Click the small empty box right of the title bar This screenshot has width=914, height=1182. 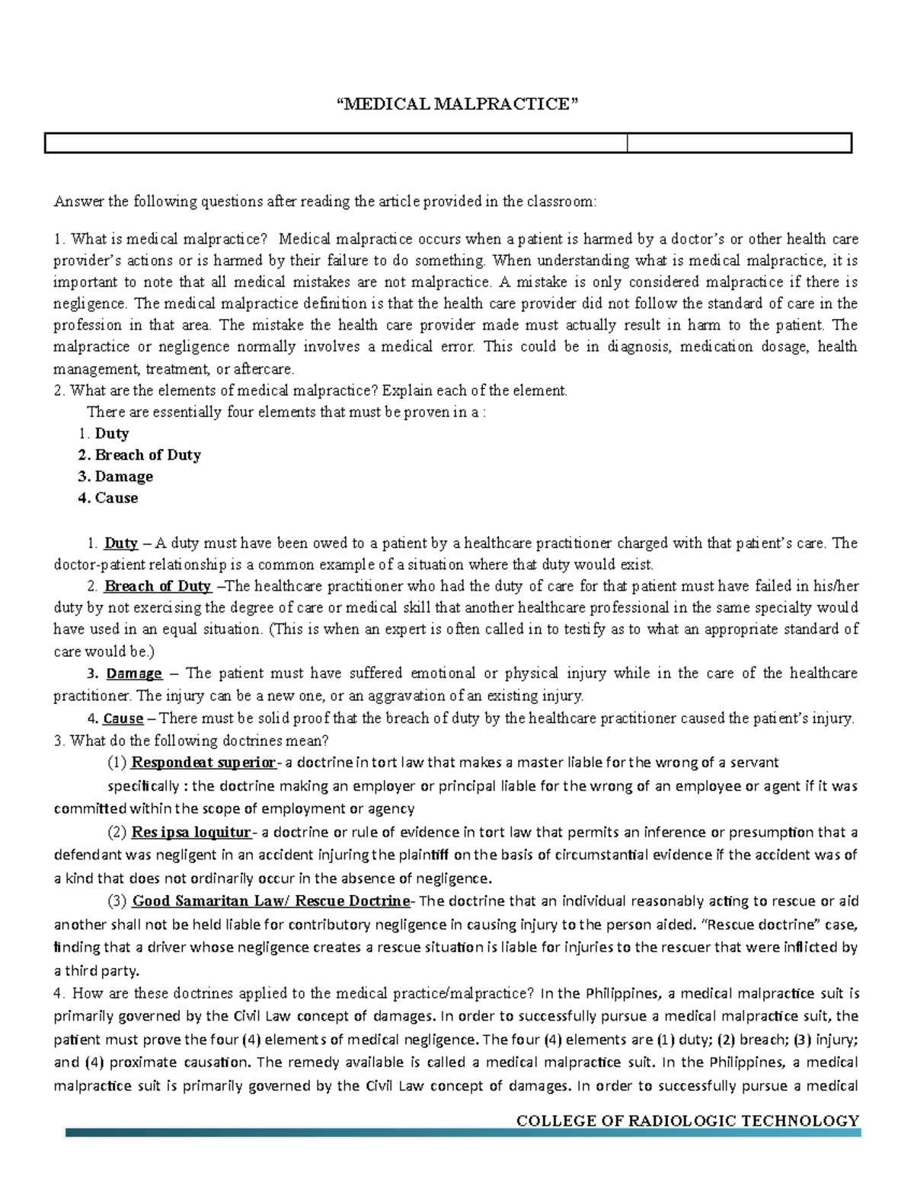coord(738,143)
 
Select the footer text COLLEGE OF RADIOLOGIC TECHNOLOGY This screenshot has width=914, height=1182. coord(687,1120)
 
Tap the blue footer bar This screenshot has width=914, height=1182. coord(463,1133)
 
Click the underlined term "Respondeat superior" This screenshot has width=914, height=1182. coord(203,763)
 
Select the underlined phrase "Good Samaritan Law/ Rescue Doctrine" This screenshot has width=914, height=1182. coord(270,901)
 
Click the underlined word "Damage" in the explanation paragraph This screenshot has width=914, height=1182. coord(134,674)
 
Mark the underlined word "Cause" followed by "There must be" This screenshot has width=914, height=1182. coord(123,718)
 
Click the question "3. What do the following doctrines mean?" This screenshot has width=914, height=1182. coord(191,741)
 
